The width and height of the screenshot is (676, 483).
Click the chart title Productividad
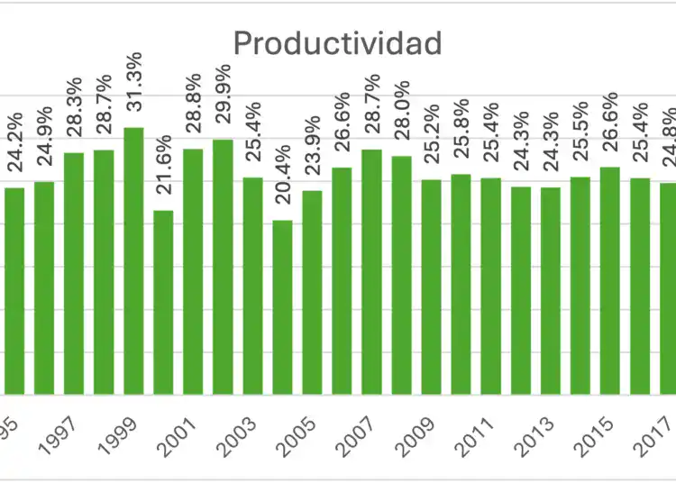coord(338,42)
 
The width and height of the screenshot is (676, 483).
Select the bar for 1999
coord(133,261)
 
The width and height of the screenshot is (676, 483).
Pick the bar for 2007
coord(371,271)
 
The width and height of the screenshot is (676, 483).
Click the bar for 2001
coord(193,271)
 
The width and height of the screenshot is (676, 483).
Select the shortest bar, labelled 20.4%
coord(282,307)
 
